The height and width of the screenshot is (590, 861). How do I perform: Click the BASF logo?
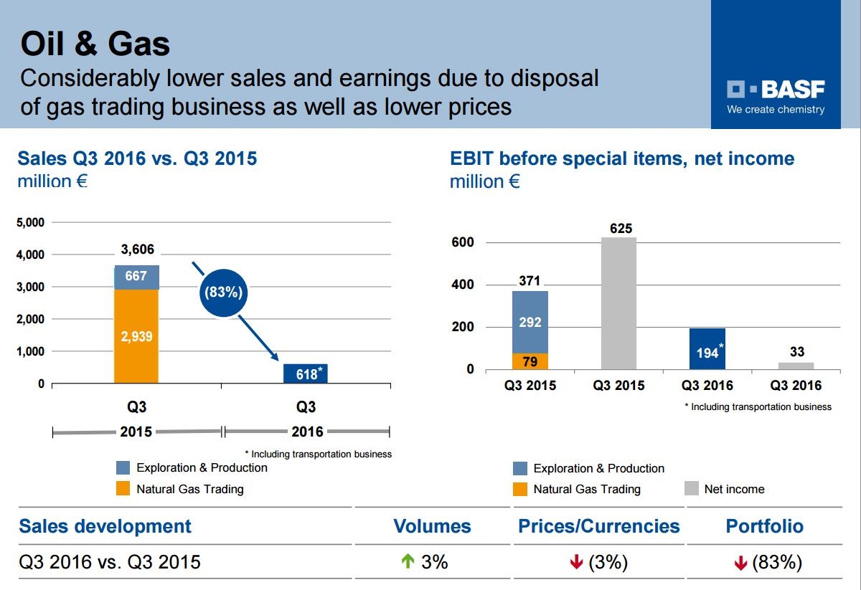(776, 90)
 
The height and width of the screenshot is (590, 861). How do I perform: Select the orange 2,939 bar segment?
(136, 336)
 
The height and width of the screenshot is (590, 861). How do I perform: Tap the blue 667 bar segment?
(136, 277)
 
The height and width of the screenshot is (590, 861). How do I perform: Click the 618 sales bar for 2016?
(306, 373)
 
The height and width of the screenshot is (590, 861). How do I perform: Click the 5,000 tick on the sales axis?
(30, 222)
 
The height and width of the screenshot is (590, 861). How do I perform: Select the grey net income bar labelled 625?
(618, 303)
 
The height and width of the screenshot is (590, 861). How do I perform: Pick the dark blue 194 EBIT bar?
(707, 349)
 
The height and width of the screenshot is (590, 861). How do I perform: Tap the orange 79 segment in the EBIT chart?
(530, 361)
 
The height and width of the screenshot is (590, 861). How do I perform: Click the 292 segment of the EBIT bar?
(530, 322)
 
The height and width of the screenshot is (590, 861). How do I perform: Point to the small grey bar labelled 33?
(796, 366)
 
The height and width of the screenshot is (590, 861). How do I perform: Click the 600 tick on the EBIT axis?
(464, 242)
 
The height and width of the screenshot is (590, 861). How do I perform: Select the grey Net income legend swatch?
(691, 489)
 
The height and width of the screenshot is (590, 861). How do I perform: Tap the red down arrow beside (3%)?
(576, 563)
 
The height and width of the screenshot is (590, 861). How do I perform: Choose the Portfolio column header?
(764, 526)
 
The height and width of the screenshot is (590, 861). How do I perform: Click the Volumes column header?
(432, 526)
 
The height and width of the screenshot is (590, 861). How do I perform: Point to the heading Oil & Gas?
(95, 44)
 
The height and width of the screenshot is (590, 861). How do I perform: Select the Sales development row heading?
(105, 526)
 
